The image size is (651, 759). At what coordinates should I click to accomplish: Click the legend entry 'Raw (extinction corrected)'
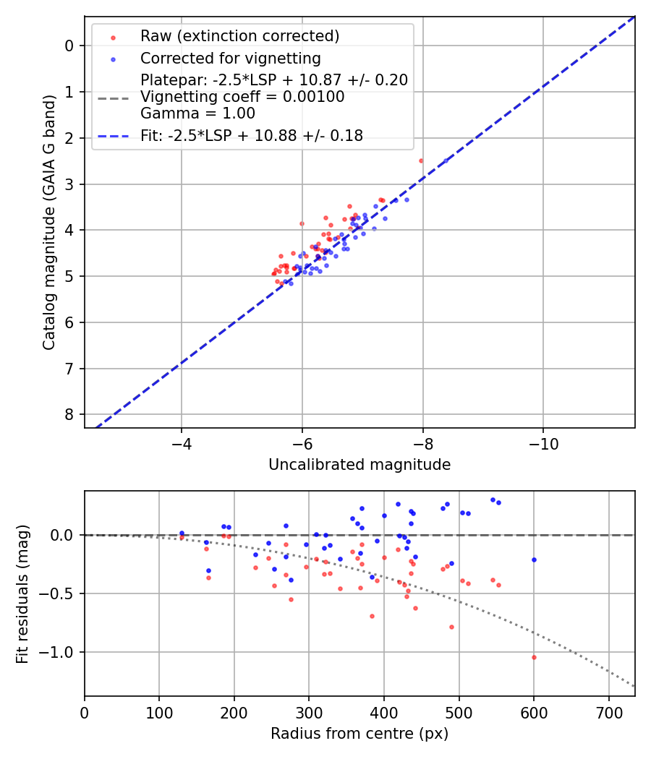239,36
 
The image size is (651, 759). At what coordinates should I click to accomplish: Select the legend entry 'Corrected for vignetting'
231,58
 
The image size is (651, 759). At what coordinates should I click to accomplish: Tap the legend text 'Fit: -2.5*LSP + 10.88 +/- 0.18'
252,136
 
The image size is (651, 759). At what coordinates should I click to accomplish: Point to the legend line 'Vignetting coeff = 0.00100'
242,97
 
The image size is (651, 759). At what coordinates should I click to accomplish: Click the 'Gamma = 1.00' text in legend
197,113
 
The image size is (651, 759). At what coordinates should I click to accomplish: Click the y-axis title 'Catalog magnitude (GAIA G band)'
48,222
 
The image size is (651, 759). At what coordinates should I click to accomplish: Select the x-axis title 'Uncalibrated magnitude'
359,465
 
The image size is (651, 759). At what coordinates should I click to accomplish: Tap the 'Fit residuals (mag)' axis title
22,593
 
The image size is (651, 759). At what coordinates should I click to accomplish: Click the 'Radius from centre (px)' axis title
359,734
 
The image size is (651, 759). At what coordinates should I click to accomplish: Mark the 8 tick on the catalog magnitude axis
69,414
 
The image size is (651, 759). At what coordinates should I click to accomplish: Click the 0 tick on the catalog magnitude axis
69,46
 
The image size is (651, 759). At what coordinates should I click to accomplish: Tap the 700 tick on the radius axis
608,712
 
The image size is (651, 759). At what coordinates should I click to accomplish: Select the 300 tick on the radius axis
309,712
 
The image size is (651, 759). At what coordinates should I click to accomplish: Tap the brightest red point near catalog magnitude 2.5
421,160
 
